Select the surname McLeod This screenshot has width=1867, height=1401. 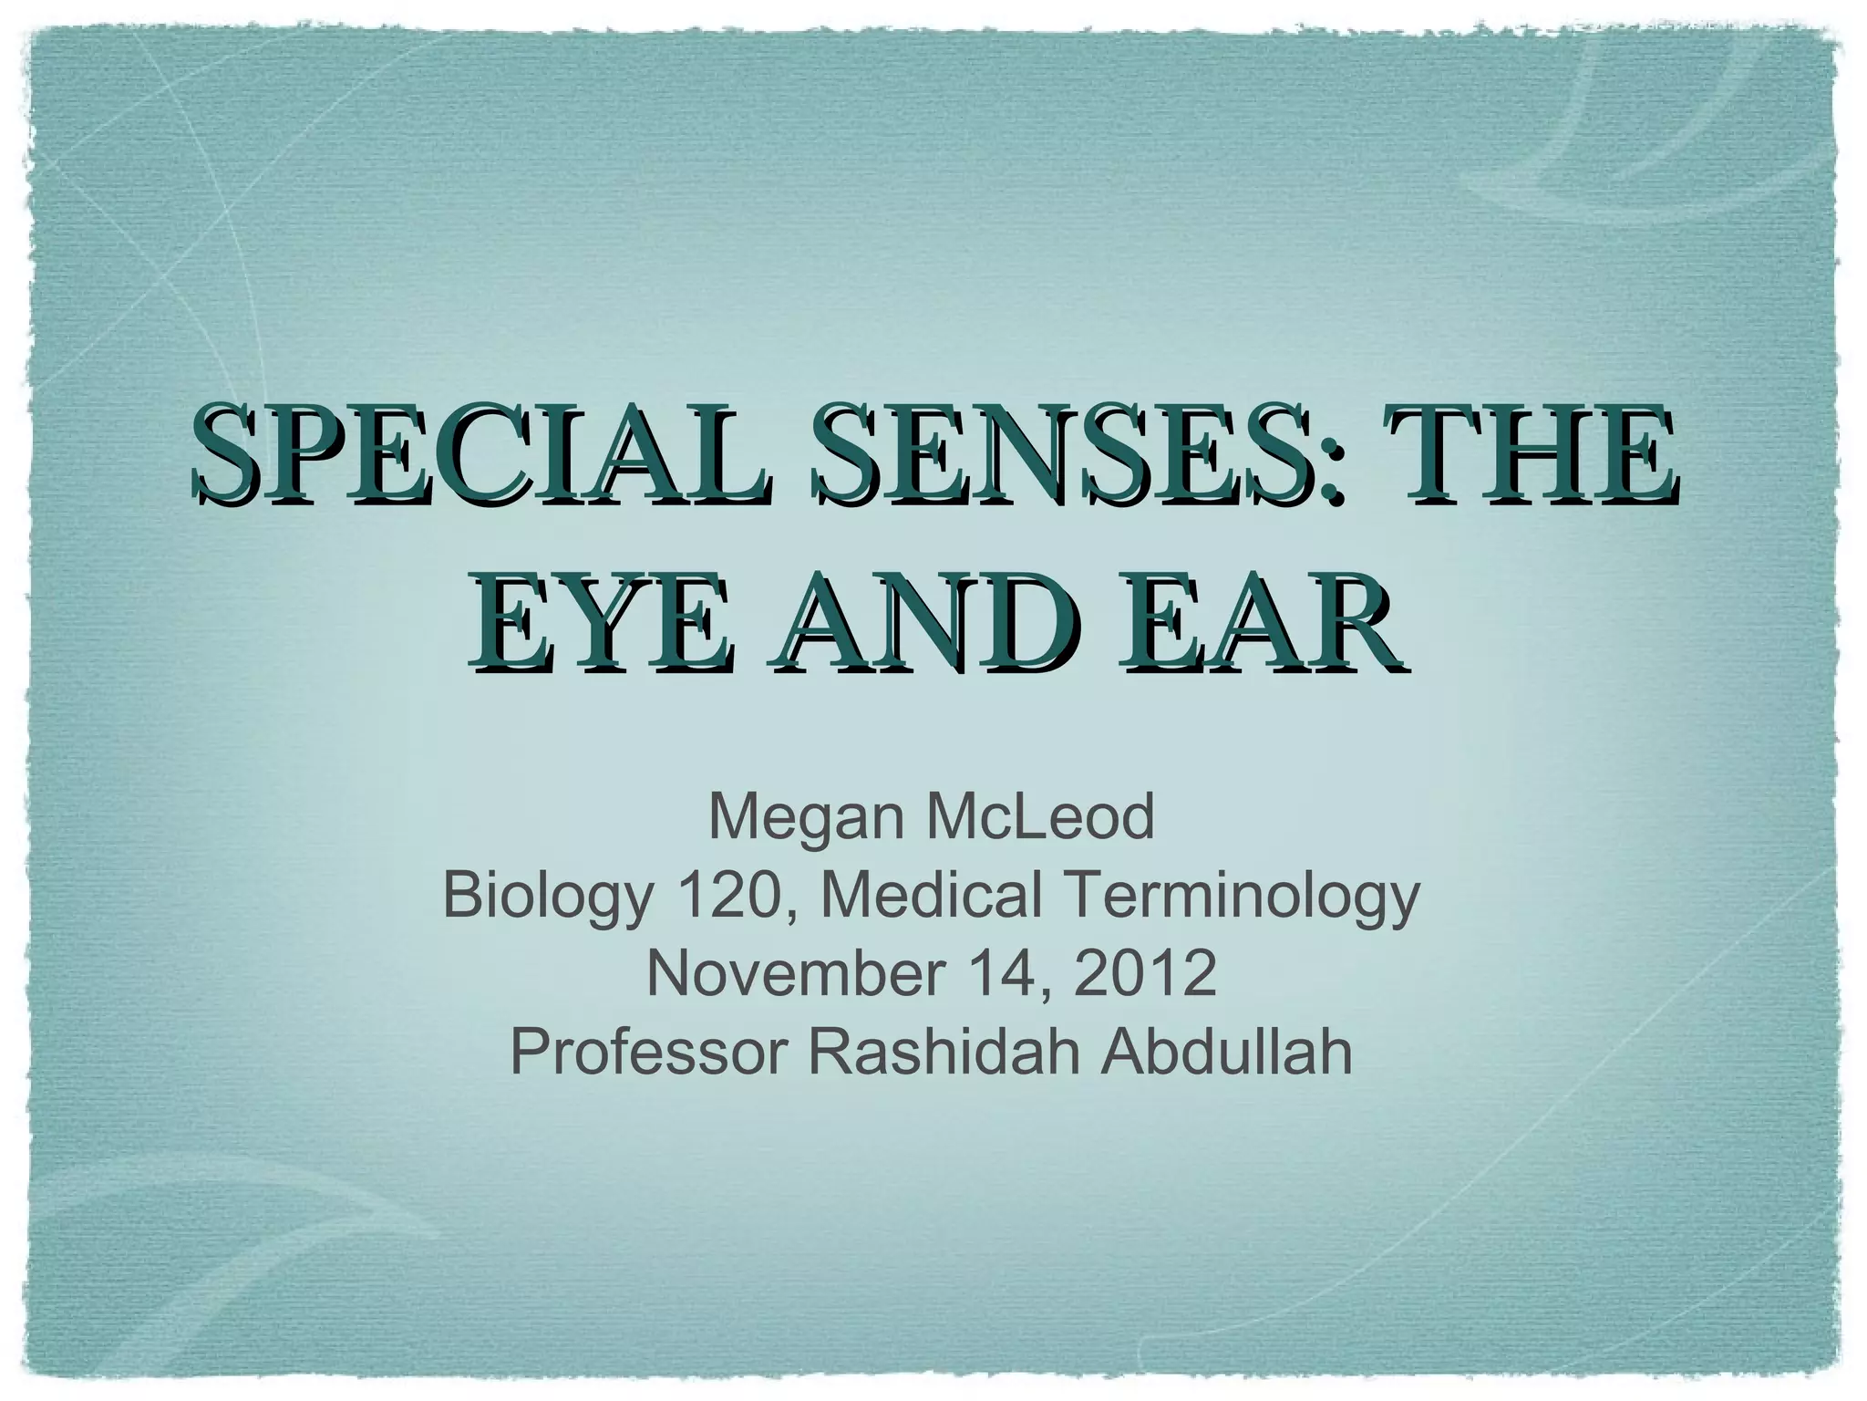coord(1040,816)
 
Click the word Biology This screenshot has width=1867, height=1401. coord(548,898)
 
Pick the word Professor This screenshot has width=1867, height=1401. coord(648,1052)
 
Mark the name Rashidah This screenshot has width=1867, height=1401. coord(944,1052)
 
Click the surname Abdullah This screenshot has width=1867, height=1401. coord(1226,1052)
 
